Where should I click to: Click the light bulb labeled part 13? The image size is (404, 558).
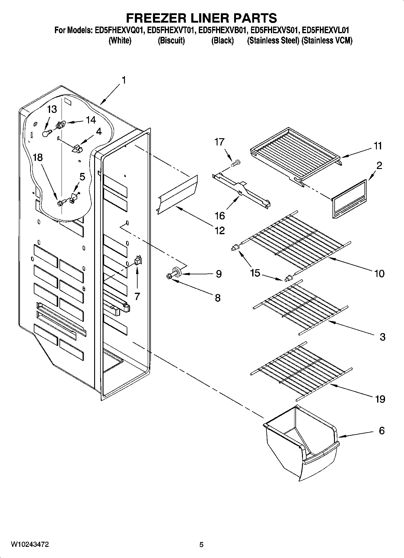[x=45, y=133]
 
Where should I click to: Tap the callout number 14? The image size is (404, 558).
[x=91, y=120]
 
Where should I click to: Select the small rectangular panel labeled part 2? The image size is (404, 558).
[x=349, y=199]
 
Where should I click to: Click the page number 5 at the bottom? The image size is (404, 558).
[x=201, y=545]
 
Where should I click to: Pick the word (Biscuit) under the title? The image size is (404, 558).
[x=171, y=40]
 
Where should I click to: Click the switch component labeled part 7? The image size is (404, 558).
[x=138, y=260]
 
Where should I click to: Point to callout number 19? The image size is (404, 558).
[x=380, y=399]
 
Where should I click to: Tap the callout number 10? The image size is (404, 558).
[x=380, y=273]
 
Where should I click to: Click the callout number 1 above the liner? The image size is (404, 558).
[x=123, y=80]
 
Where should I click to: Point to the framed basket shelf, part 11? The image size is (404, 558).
[x=296, y=154]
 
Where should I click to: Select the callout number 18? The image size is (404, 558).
[x=38, y=158]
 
